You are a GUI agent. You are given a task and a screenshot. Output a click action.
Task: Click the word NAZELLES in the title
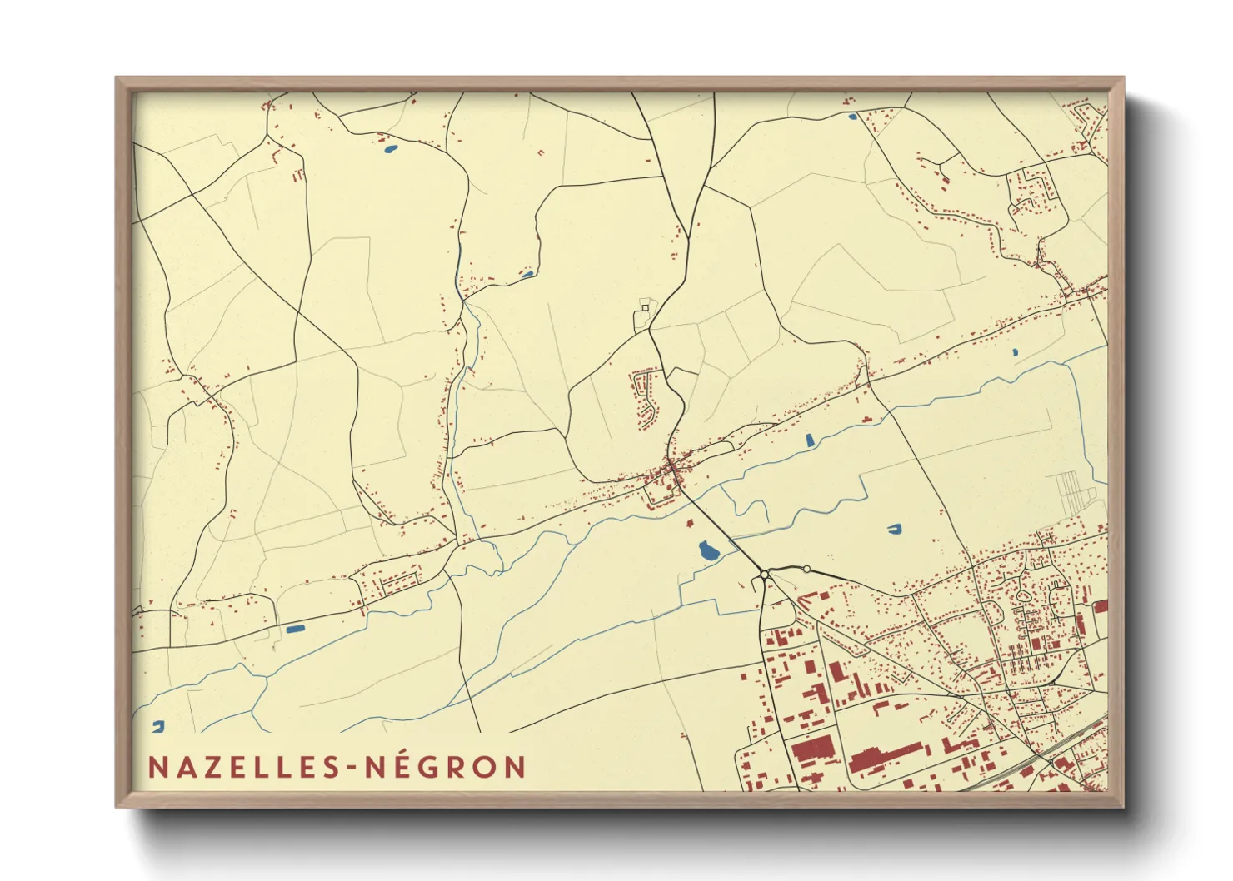(242, 767)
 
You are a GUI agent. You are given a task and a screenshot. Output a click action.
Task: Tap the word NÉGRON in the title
(447, 767)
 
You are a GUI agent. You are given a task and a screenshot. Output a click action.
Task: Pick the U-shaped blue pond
(894, 528)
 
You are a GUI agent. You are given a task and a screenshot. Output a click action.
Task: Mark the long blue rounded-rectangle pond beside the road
(296, 628)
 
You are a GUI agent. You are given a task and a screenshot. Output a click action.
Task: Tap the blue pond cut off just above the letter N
(158, 726)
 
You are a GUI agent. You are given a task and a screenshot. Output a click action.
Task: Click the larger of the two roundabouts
(764, 575)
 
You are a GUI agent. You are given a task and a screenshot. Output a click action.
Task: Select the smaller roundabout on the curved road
(806, 570)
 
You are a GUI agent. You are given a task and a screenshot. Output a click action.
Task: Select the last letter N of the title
(515, 767)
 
